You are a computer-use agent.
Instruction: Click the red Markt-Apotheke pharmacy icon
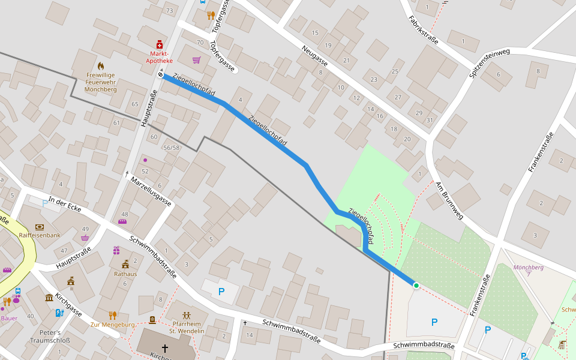(x=160, y=44)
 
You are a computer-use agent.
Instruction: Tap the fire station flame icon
(x=100, y=65)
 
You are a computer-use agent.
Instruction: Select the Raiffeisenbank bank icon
(x=40, y=227)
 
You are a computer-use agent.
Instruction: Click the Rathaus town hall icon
(x=125, y=264)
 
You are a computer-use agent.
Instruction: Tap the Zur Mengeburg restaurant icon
(x=112, y=315)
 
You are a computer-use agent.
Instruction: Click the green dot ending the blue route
(x=416, y=286)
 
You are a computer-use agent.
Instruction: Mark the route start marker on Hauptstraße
(x=161, y=74)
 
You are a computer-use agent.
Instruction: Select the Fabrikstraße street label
(x=423, y=30)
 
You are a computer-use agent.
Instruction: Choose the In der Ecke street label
(x=65, y=203)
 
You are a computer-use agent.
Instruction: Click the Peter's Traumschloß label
(x=50, y=337)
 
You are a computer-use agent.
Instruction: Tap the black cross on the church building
(x=164, y=347)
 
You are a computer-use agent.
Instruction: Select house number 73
(x=169, y=11)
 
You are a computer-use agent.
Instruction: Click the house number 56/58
(x=171, y=148)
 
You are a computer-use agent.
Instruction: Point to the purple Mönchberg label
(x=528, y=267)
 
